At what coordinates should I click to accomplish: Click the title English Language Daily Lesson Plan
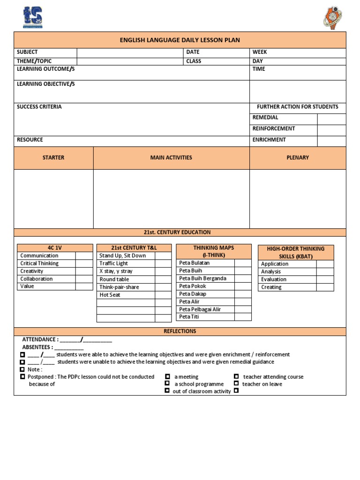pos(180,40)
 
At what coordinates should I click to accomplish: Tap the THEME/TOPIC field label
pos(34,61)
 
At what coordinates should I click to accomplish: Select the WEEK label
pos(260,52)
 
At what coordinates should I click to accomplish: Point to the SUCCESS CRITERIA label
pos(39,107)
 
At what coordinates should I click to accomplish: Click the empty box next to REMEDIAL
pos(331,118)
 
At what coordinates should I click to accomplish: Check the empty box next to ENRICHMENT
pos(331,140)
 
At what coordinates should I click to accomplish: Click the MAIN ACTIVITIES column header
pos(171,157)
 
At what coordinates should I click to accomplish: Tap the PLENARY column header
pos(298,157)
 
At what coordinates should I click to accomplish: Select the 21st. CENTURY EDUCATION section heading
pos(180,232)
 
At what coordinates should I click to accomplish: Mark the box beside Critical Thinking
pos(84,263)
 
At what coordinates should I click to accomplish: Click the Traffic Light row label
pos(113,263)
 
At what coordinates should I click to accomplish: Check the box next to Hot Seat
pos(163,295)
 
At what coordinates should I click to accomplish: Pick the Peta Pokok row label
pos(193,286)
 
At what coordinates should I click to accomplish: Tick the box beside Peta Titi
pos(243,317)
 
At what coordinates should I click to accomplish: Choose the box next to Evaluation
pos(325,279)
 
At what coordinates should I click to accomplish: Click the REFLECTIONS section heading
pos(180,331)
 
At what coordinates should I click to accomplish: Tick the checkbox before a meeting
pos(167,376)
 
